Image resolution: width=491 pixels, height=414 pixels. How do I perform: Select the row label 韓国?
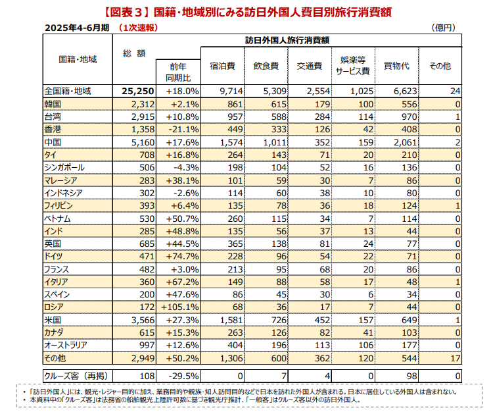point(53,104)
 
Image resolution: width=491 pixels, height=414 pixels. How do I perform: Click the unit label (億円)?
point(444,28)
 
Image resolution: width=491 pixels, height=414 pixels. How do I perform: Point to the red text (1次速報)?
point(142,28)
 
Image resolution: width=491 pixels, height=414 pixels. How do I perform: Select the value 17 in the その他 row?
point(454,357)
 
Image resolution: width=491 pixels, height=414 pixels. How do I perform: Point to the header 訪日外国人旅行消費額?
point(287,39)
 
